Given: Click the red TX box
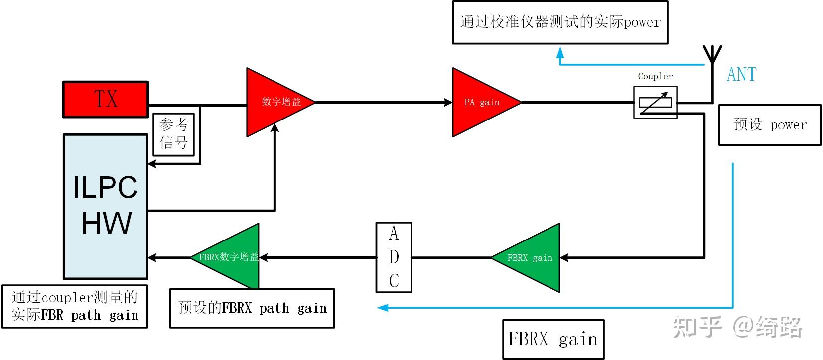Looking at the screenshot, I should [106, 99].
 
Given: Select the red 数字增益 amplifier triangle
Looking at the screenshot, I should [274, 102].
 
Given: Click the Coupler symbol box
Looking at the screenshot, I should [655, 102].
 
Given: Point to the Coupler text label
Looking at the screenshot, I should [655, 76].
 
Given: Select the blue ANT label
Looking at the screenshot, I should [741, 75].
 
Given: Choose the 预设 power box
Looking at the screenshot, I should [770, 124].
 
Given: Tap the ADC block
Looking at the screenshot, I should [394, 257].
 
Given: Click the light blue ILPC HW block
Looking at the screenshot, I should [106, 206].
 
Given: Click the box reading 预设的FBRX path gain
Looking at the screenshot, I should [252, 308].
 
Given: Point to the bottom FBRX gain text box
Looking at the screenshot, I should [553, 339].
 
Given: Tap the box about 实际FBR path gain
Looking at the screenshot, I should [75, 306].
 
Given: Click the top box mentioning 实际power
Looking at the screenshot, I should [559, 22].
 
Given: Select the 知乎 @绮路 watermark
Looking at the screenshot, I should [737, 327].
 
